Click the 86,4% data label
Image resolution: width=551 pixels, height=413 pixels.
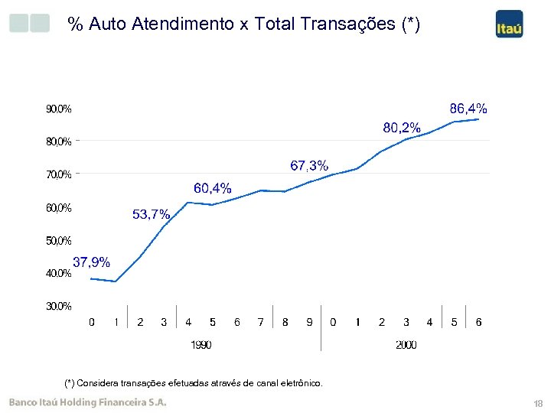[468, 108]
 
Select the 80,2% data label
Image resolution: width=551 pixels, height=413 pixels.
[401, 128]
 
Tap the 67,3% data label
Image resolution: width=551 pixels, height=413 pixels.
[309, 165]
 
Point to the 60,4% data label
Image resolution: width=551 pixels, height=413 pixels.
[212, 188]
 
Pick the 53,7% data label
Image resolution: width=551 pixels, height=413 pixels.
[151, 215]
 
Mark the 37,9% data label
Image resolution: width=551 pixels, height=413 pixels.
[91, 262]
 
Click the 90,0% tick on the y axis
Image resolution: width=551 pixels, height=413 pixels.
[59, 109]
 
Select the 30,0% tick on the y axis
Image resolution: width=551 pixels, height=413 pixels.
[59, 306]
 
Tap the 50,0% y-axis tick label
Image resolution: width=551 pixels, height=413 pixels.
[59, 241]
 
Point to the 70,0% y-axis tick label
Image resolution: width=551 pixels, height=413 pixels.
[59, 175]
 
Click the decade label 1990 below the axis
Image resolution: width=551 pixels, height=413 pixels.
[201, 346]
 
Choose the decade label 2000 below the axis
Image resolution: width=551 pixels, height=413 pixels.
[406, 346]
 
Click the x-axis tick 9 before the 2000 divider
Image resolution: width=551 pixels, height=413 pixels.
[309, 322]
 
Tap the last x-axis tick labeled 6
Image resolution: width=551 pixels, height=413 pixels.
[478, 322]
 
